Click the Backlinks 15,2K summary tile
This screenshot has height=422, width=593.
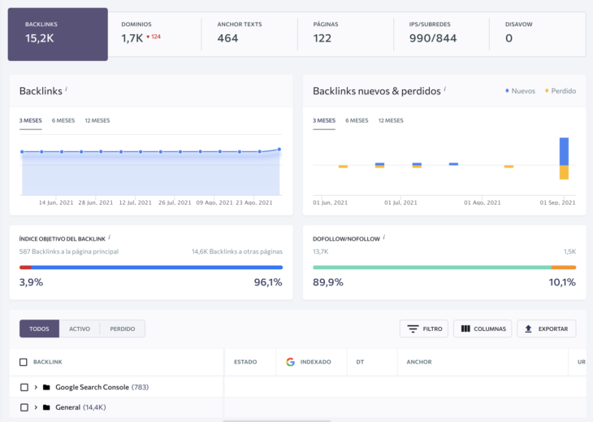58,34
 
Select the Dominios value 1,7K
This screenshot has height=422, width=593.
132,38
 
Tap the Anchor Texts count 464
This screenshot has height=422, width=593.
227,38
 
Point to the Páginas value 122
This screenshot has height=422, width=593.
322,38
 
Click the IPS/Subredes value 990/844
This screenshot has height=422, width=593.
433,38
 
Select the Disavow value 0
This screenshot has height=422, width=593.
509,38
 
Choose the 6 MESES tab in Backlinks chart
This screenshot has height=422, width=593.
63,120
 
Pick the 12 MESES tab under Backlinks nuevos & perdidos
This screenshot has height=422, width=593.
391,120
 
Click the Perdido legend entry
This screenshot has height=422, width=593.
562,91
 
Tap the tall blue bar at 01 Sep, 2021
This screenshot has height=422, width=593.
564,151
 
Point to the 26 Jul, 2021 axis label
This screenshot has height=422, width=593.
175,202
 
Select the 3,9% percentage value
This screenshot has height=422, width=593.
31,282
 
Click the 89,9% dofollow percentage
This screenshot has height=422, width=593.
328,282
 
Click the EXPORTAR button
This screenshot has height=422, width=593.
547,329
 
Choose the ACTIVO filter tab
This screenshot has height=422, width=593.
80,329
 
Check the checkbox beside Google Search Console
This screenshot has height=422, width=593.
24,387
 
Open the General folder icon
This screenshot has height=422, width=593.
46,407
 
